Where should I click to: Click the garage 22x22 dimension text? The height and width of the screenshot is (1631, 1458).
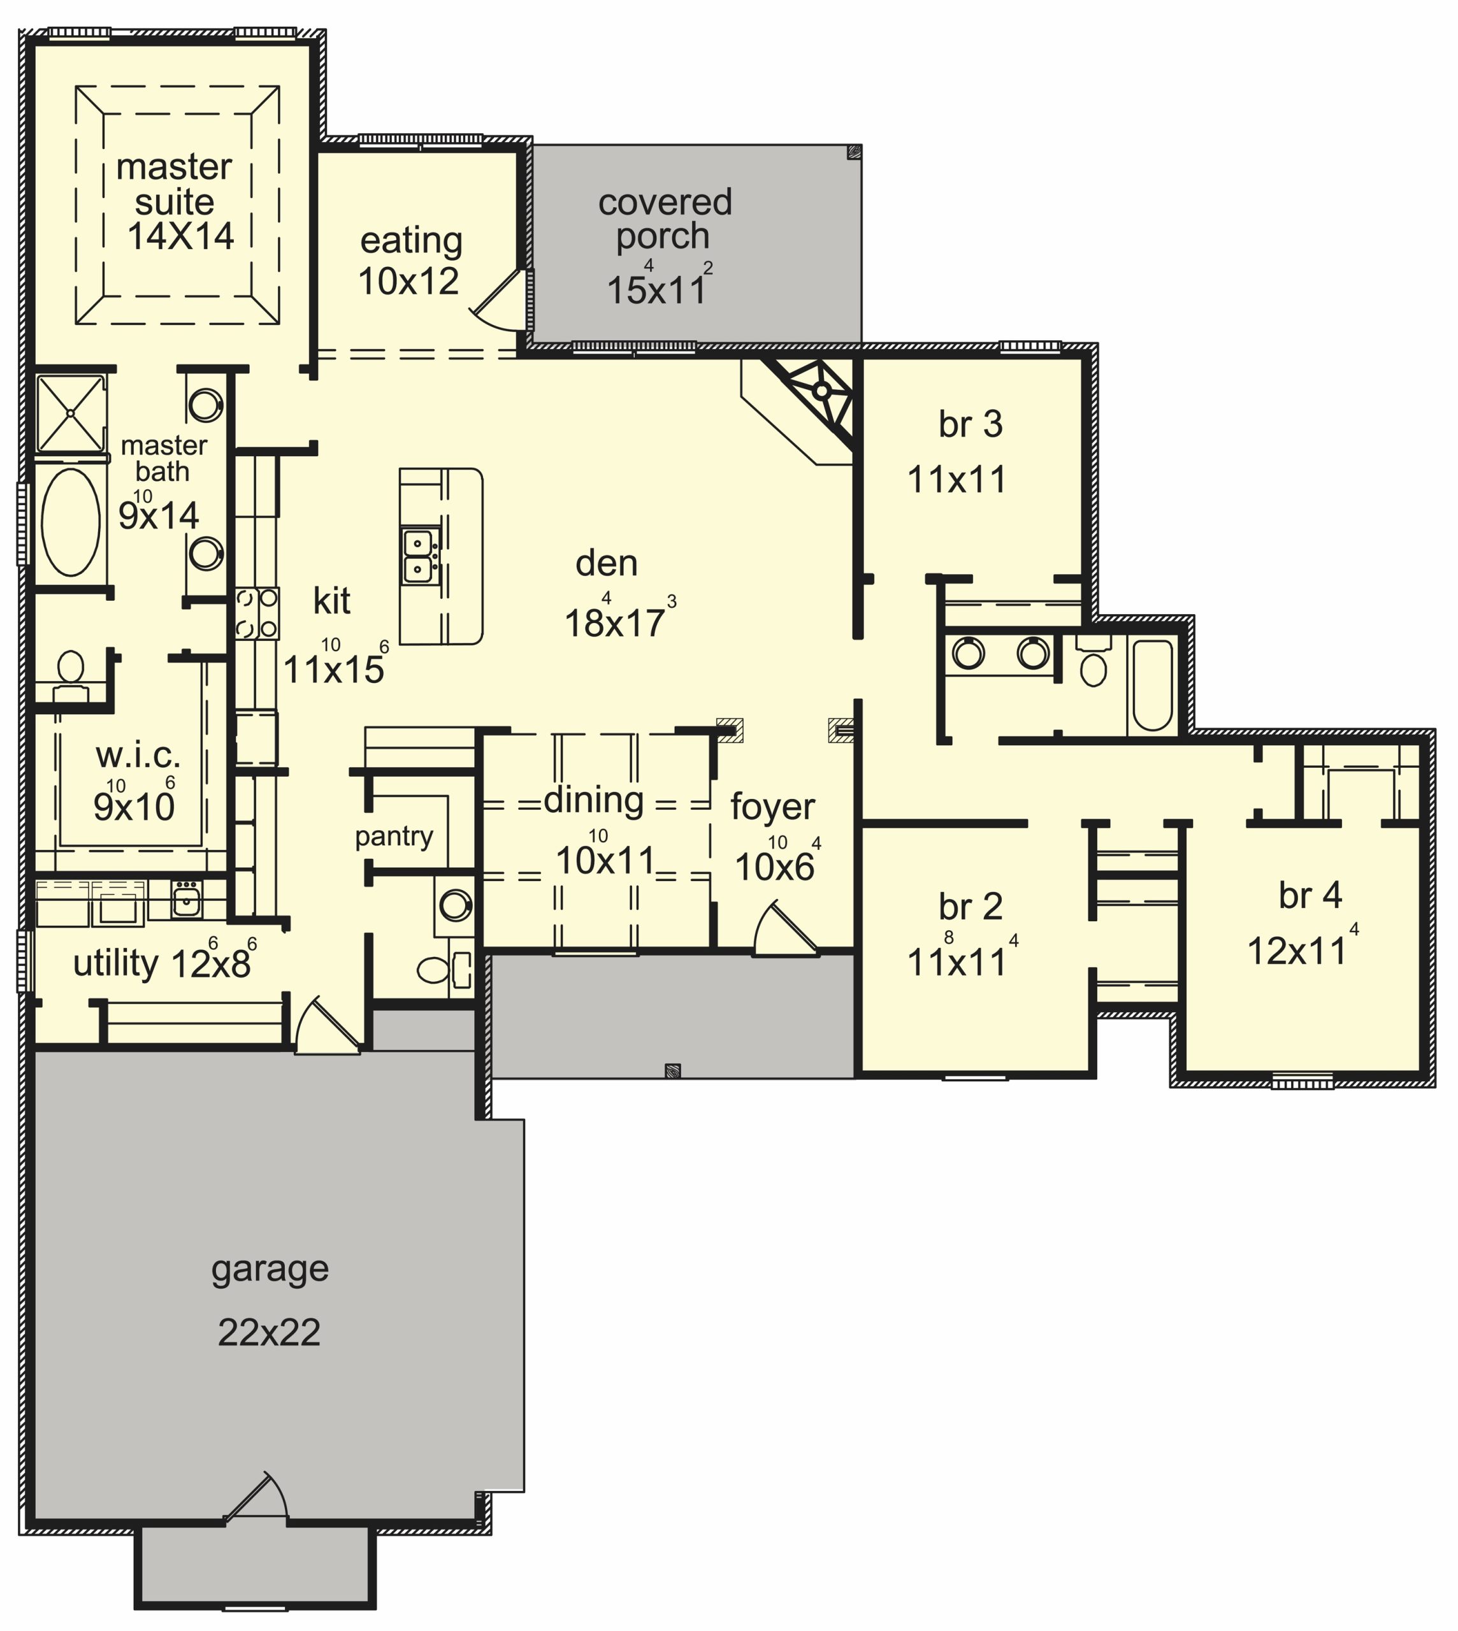[269, 1333]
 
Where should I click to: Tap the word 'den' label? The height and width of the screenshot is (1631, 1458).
[607, 564]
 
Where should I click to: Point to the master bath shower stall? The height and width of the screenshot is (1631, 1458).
[71, 413]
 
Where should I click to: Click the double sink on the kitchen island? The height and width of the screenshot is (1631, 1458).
[420, 556]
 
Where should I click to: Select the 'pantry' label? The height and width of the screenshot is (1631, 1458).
[394, 837]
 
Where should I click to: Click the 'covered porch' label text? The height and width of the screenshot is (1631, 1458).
[664, 219]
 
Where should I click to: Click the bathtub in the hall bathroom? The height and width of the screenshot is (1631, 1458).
[1153, 684]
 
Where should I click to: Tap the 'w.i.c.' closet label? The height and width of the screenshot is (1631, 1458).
[138, 754]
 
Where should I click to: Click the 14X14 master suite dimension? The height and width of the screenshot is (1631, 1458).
[181, 236]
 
